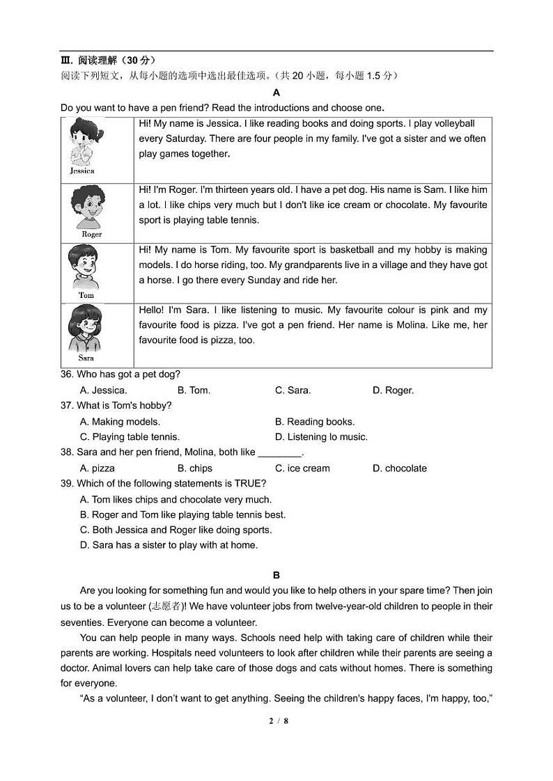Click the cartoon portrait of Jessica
pyautogui.click(x=83, y=142)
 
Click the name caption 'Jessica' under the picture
pyautogui.click(x=82, y=171)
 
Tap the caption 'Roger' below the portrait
pyautogui.click(x=91, y=235)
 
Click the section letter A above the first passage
pyautogui.click(x=276, y=93)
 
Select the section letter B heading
pyautogui.click(x=276, y=575)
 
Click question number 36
pyautogui.click(x=67, y=374)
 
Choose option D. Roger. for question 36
pyautogui.click(x=393, y=390)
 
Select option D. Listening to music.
pyautogui.click(x=321, y=437)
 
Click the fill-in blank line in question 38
pyautogui.click(x=279, y=453)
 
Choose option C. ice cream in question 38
pyautogui.click(x=302, y=468)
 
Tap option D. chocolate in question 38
pyautogui.click(x=399, y=468)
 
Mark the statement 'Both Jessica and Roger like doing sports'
pyautogui.click(x=176, y=530)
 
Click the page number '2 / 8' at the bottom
pyautogui.click(x=278, y=720)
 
